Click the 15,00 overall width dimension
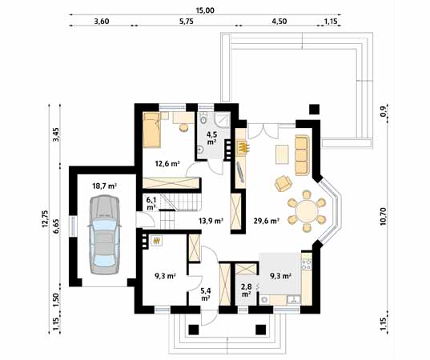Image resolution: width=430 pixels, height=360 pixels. pos(205,10)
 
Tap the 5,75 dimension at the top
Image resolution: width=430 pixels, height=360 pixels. pos(187,22)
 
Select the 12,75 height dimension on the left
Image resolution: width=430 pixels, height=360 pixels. pos(45,219)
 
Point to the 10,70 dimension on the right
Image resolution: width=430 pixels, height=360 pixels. pos(383,217)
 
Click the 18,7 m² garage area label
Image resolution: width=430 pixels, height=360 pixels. pos(105,186)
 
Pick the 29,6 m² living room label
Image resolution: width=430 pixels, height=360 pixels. pos(267,221)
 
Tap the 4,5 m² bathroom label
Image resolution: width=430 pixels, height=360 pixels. pos(211,138)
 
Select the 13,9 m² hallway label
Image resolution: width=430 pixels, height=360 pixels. pos(211,220)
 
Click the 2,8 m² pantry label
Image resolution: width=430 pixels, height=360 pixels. pos(247,290)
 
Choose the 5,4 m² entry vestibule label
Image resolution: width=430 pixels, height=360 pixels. pos(206,294)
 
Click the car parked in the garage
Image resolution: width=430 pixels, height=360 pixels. pos(104,234)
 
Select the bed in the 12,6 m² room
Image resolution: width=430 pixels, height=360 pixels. pos(151,130)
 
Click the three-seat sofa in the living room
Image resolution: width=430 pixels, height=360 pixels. pos(301,154)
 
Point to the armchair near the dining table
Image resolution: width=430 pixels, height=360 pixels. pos(283,183)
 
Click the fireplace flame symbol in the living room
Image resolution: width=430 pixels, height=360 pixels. pos(243,147)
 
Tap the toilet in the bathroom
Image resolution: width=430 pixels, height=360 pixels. pos(203,118)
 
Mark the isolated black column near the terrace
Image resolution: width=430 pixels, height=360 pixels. pos(314,110)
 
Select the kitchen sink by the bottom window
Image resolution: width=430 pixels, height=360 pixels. pos(294,299)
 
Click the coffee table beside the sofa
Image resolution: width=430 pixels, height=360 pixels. pos(283,154)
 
